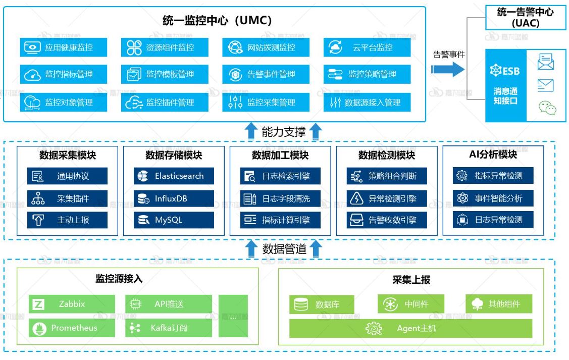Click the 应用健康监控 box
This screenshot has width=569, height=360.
[64, 47]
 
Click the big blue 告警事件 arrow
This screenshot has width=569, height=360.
[449, 69]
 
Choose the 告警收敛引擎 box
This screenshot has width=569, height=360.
[387, 220]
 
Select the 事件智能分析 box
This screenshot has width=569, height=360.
[493, 198]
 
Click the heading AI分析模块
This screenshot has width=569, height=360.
[493, 155]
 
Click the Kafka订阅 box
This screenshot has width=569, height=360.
[169, 328]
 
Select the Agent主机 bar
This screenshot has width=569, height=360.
[410, 328]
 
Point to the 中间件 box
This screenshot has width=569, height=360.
[410, 304]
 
